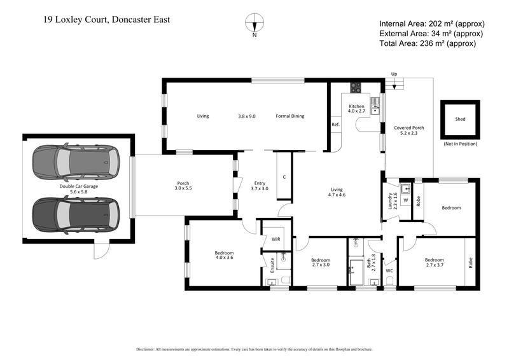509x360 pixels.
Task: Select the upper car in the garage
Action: pos(71,163)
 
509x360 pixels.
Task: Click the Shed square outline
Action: pos(459,119)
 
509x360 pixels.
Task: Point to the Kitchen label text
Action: pos(356,106)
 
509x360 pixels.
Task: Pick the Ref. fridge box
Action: pos(335,125)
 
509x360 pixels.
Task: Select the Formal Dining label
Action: pos(289,116)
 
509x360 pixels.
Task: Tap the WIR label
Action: pos(275,239)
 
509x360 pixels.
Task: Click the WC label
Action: pos(389,270)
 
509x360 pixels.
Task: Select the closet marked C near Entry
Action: pos(284,176)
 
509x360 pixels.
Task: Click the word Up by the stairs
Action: pos(394,74)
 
